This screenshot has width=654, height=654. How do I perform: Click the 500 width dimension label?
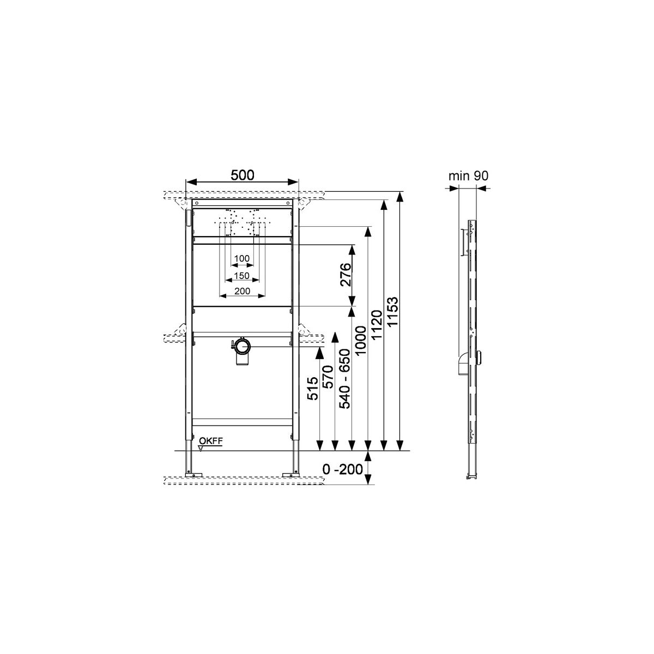242,175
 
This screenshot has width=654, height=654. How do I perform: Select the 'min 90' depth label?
468,176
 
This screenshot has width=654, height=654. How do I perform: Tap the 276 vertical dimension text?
346,275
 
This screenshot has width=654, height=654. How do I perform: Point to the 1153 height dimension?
392,312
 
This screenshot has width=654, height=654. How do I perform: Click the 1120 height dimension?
377,325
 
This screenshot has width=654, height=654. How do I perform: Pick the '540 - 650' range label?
345,378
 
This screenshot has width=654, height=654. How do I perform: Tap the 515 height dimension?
313,388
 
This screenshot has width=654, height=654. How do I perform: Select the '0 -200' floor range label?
342,470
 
